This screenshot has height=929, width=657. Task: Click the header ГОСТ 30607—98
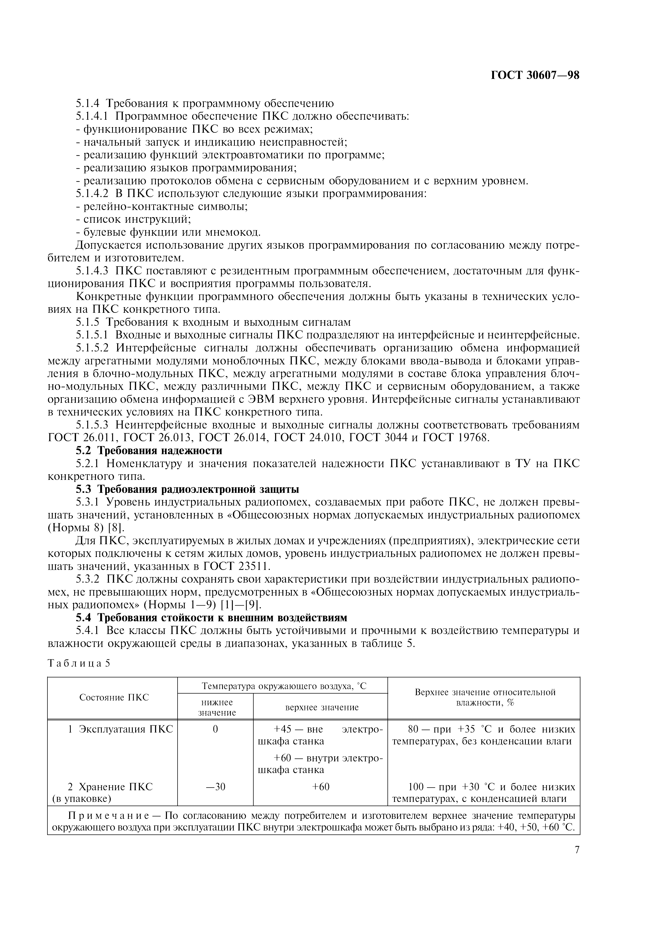pyautogui.click(x=535, y=76)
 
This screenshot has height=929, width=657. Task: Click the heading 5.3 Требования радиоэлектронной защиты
pyautogui.click(x=187, y=489)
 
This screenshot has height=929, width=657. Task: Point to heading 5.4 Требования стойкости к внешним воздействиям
pyautogui.click(x=212, y=618)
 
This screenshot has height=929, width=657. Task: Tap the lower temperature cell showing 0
pyautogui.click(x=215, y=729)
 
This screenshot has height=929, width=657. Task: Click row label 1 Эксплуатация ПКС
pyautogui.click(x=120, y=729)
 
